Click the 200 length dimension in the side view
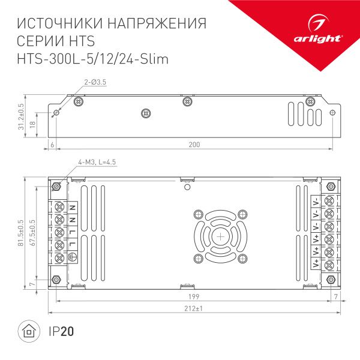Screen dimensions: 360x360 194,145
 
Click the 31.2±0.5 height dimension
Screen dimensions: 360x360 21,116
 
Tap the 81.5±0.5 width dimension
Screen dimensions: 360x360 21,232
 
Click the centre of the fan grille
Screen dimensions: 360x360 220,236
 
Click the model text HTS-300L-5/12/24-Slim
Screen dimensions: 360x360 93,59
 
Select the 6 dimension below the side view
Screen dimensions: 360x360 52,145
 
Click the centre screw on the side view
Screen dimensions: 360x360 144,113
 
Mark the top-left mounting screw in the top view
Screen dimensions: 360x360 56,187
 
